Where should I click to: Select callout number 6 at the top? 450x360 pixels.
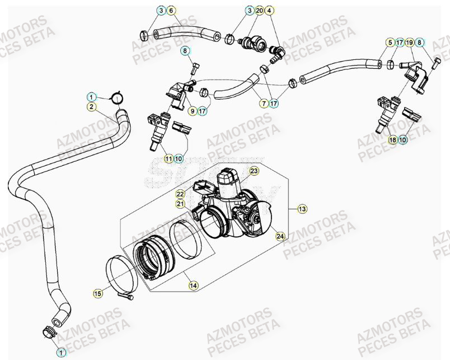(x=171, y=11)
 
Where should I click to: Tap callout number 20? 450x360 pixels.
(x=259, y=11)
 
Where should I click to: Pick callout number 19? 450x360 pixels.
(x=410, y=43)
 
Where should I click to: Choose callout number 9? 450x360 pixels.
(x=192, y=111)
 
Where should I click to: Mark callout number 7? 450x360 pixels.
(x=262, y=104)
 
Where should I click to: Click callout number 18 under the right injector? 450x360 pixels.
(x=392, y=139)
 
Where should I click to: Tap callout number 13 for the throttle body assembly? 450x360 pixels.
(x=302, y=209)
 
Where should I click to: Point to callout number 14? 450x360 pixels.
(x=193, y=286)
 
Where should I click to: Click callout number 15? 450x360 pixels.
(x=97, y=292)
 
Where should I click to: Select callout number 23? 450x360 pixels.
(x=254, y=171)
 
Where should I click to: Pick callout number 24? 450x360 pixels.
(x=279, y=237)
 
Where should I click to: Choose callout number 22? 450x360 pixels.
(x=180, y=194)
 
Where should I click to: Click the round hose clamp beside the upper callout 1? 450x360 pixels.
(x=117, y=98)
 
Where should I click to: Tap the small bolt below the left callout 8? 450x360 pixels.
(x=194, y=69)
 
